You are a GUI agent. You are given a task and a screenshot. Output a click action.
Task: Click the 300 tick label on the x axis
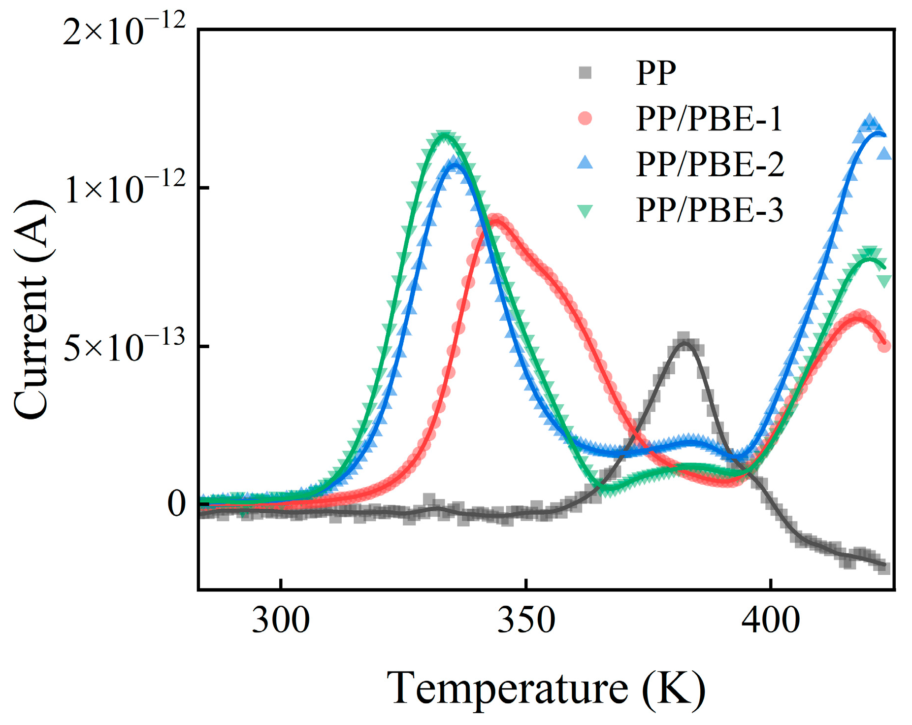281,621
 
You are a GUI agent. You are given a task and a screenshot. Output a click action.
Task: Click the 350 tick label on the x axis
526,621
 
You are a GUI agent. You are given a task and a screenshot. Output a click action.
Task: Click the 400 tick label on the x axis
770,621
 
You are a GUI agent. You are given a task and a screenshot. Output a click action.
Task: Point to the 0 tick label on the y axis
176,504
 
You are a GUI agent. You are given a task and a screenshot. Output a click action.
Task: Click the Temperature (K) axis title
546,688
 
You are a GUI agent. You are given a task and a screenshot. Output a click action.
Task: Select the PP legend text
656,73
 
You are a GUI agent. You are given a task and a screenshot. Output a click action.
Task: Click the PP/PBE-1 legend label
709,119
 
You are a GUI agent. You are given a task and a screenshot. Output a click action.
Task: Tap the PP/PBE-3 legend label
709,210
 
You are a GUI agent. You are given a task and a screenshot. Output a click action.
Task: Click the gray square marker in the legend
585,73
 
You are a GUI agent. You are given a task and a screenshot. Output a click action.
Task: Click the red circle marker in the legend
585,119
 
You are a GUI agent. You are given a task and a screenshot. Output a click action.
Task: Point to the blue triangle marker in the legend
585,163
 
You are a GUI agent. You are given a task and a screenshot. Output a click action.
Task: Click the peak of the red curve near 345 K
496,220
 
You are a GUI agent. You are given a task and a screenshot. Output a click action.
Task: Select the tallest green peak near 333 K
445,136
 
